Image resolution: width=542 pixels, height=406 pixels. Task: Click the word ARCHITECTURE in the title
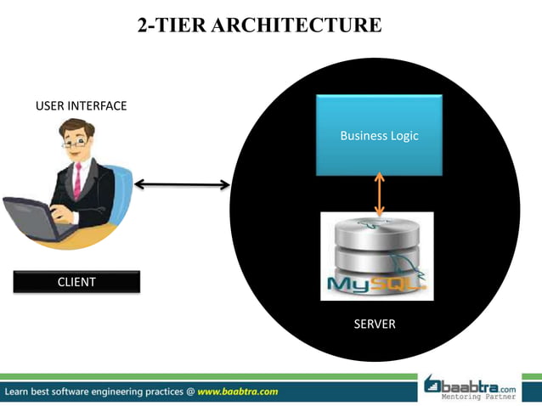296,25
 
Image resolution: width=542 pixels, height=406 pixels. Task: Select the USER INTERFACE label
81,106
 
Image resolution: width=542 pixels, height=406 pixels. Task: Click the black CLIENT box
76,282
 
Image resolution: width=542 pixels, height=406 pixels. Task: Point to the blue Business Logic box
379,135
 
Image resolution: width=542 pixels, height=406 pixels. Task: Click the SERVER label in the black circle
374,324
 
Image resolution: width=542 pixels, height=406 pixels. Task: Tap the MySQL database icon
376,257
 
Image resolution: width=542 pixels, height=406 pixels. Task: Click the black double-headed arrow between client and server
182,184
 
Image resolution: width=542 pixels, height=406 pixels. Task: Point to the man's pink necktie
77,179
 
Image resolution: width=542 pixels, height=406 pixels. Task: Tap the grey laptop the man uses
34,216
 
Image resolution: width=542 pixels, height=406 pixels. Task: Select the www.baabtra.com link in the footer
238,392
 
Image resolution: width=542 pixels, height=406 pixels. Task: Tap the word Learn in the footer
20,392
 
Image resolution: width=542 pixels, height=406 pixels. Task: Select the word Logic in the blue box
404,135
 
